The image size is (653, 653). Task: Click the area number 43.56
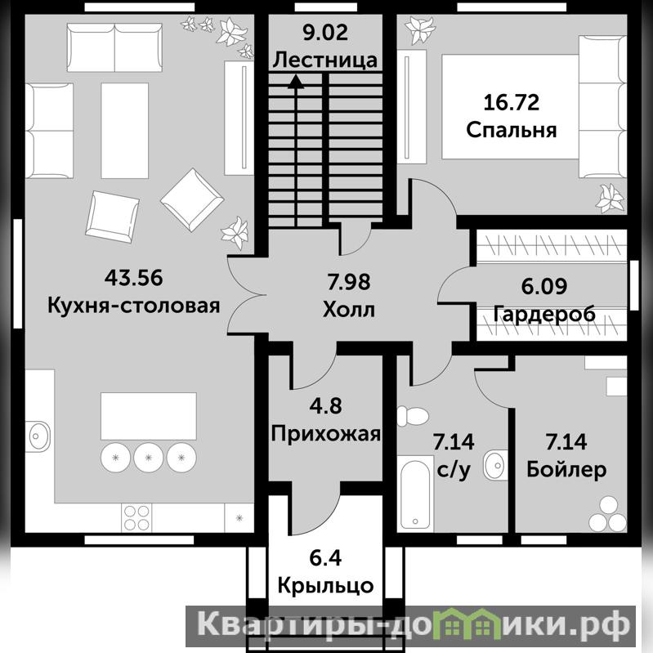pyautogui.click(x=133, y=278)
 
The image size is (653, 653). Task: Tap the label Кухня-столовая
pyautogui.click(x=134, y=306)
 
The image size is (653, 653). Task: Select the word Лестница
pyautogui.click(x=325, y=60)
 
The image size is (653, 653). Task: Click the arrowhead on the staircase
pyautogui.click(x=296, y=81)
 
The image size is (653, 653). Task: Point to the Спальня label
pyautogui.click(x=512, y=130)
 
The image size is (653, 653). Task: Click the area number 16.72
pyautogui.click(x=512, y=102)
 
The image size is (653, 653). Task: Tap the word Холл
pyautogui.click(x=349, y=310)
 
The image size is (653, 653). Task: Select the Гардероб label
pyautogui.click(x=544, y=314)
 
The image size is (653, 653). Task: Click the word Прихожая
pyautogui.click(x=325, y=433)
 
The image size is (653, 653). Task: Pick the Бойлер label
pyautogui.click(x=566, y=469)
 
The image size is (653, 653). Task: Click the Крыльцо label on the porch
pyautogui.click(x=325, y=585)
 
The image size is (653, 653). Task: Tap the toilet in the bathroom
pyautogui.click(x=412, y=416)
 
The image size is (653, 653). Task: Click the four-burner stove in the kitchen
pyautogui.click(x=136, y=517)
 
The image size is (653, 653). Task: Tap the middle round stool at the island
pyautogui.click(x=148, y=458)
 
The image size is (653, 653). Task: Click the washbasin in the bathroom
pyautogui.click(x=495, y=465)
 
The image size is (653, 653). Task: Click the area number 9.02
pyautogui.click(x=325, y=33)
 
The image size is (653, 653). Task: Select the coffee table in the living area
pyautogui.click(x=124, y=130)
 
